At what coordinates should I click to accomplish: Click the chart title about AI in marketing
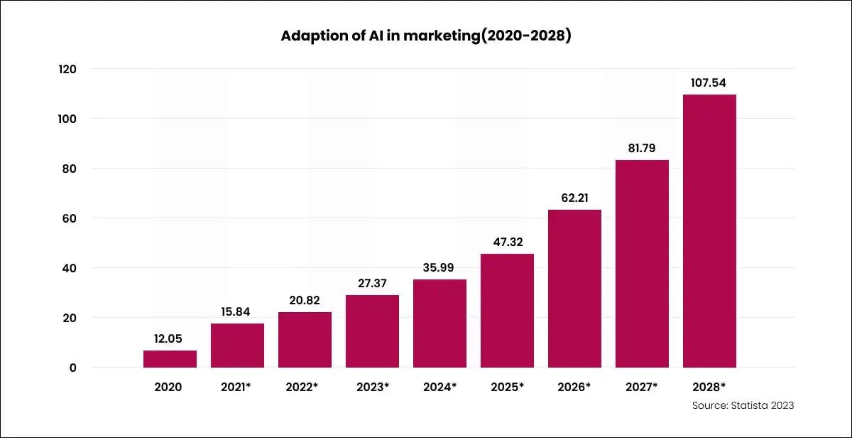click(426, 36)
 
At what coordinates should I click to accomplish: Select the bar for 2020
click(170, 359)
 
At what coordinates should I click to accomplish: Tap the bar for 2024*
click(439, 324)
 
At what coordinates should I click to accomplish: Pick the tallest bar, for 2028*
click(709, 231)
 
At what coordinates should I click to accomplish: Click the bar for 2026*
click(574, 289)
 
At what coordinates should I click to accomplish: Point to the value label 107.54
click(709, 82)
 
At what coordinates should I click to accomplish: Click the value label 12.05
click(170, 338)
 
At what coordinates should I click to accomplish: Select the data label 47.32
click(507, 242)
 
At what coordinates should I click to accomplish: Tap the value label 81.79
click(642, 148)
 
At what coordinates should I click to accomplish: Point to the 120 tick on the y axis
click(67, 69)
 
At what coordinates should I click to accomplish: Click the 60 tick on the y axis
click(67, 218)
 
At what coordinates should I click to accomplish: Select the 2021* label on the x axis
click(237, 388)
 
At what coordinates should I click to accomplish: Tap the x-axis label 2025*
click(507, 388)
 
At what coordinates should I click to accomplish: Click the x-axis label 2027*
click(642, 388)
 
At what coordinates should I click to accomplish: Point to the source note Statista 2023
click(743, 405)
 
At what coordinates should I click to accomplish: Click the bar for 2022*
click(305, 340)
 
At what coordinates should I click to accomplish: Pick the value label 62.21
click(574, 198)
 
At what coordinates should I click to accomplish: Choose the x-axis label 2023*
click(372, 388)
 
